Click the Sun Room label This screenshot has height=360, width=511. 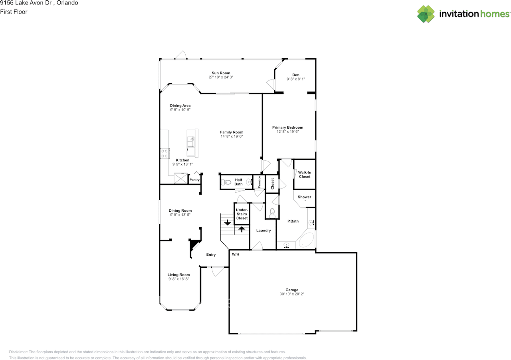[221, 73]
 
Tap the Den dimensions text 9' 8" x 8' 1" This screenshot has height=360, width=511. [296, 79]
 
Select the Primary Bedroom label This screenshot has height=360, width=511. [288, 127]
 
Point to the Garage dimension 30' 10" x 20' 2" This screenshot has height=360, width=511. [292, 294]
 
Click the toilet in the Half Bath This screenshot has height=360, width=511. [226, 182]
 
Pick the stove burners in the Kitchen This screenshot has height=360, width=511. [165, 153]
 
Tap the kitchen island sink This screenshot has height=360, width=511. [191, 141]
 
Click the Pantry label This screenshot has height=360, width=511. [194, 180]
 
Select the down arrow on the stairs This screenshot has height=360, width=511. [228, 222]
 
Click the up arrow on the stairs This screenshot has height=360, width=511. [242, 229]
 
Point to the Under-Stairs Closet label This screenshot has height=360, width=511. [242, 214]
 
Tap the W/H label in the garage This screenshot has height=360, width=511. [236, 254]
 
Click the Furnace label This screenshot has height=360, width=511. [259, 182]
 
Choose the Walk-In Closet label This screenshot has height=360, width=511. [305, 175]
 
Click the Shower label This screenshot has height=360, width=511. [304, 197]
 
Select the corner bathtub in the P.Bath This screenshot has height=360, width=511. [306, 241]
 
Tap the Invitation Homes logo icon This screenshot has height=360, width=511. [426, 14]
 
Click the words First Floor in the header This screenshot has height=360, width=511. [14, 12]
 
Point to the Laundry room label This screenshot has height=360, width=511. [263, 230]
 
